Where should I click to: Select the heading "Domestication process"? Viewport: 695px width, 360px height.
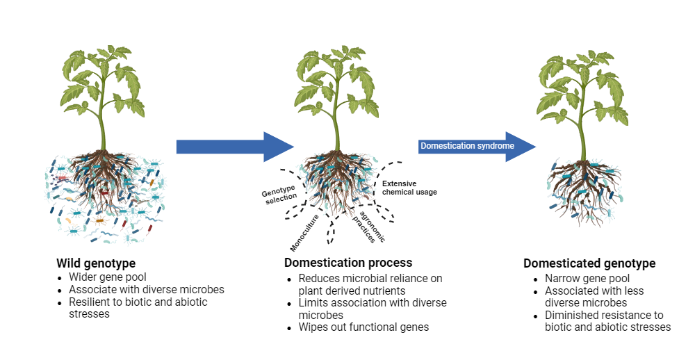[348, 263]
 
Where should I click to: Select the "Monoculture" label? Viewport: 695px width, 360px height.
[304, 233]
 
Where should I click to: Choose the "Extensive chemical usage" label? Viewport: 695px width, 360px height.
[409, 188]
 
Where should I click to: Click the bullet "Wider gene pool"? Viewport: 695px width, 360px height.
[107, 277]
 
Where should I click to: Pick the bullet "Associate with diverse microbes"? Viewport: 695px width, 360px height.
[146, 289]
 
